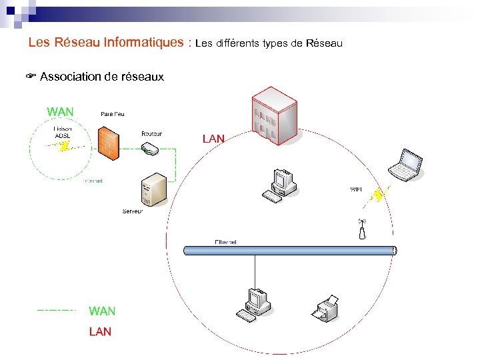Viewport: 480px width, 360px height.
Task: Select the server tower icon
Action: [153, 189]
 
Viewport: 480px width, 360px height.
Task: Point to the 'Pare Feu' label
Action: [112, 114]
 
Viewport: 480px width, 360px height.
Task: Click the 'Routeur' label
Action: [151, 133]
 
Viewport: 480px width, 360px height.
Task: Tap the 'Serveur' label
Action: [132, 211]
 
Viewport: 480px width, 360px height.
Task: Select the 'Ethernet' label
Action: [225, 241]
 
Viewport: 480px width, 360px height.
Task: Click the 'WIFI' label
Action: [356, 190]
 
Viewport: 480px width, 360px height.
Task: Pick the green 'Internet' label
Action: [93, 181]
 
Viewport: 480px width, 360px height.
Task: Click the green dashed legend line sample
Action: [57, 310]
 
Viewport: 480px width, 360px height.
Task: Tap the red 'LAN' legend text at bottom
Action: [100, 331]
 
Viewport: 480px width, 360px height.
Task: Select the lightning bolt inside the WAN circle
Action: [64, 147]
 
